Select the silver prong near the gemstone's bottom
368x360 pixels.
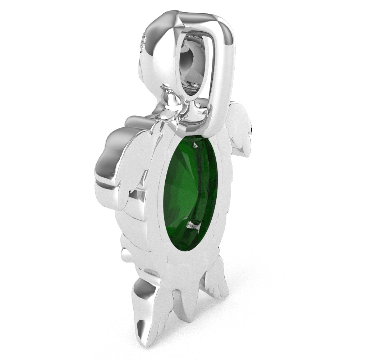pyautogui.click(x=194, y=226)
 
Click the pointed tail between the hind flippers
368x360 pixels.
pyautogui.click(x=187, y=306)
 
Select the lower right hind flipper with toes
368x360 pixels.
pyautogui.click(x=216, y=281)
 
